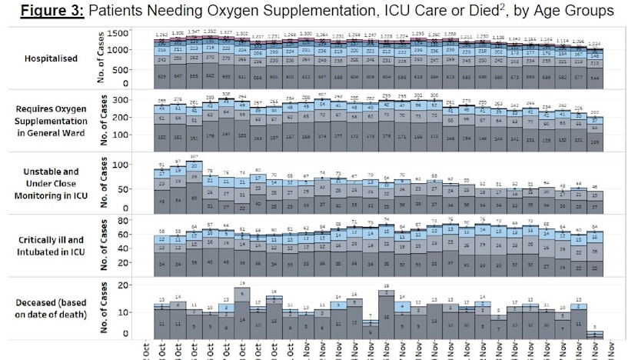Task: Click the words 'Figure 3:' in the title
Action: click(55, 12)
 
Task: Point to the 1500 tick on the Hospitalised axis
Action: click(118, 33)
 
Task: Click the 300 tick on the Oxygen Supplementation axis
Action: click(121, 100)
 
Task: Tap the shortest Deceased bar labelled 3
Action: click(594, 335)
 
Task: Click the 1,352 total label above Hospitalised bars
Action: click(210, 32)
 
